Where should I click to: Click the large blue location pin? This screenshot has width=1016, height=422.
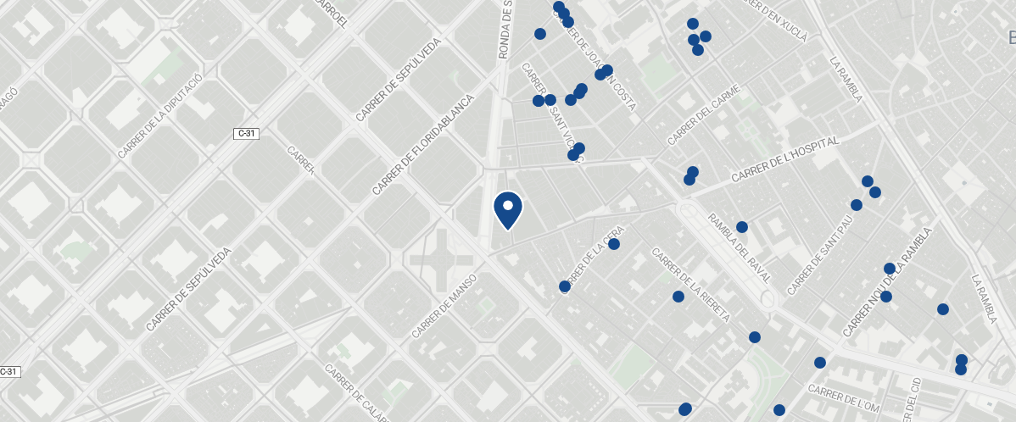(508, 210)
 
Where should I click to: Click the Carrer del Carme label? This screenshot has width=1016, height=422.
(705, 114)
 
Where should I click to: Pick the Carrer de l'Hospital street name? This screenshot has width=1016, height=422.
(784, 158)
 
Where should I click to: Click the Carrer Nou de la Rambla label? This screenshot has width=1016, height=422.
(888, 280)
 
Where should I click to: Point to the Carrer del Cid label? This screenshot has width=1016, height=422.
(913, 399)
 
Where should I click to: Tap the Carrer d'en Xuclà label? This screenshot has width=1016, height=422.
(773, 19)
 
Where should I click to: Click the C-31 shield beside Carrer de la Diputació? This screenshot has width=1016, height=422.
(246, 133)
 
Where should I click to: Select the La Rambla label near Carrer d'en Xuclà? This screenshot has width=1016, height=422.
(846, 79)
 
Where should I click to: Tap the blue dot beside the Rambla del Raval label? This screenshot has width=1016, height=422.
(742, 227)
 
